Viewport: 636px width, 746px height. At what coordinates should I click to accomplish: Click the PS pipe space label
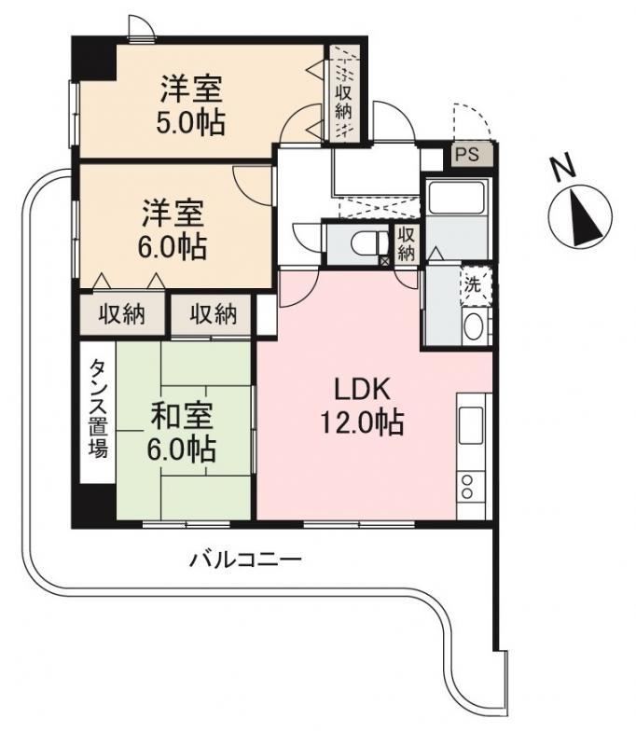pos(467,155)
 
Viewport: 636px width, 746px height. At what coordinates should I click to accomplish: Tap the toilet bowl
pos(369,243)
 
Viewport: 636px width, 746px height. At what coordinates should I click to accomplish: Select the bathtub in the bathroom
pos(457,198)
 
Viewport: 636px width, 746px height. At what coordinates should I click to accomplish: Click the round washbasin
pos(474,326)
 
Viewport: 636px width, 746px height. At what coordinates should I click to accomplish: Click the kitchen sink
pos(470,424)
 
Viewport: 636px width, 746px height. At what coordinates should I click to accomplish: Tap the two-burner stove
pos(468,486)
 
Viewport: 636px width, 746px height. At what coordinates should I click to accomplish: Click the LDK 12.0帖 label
pos(363,406)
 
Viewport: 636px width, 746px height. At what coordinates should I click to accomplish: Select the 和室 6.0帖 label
pos(181,432)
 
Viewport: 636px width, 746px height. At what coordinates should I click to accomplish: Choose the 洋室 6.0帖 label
pos(173,229)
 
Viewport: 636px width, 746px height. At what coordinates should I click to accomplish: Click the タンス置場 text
pos(99,408)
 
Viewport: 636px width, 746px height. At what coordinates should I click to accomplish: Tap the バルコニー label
pos(245,559)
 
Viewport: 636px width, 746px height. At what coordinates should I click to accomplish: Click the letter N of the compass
pos(563,168)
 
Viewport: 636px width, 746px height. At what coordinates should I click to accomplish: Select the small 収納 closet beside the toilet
pos(406,243)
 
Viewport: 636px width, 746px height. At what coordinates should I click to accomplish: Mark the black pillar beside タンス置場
pos(94,505)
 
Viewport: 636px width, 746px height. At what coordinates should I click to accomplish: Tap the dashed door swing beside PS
pos(472,121)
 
